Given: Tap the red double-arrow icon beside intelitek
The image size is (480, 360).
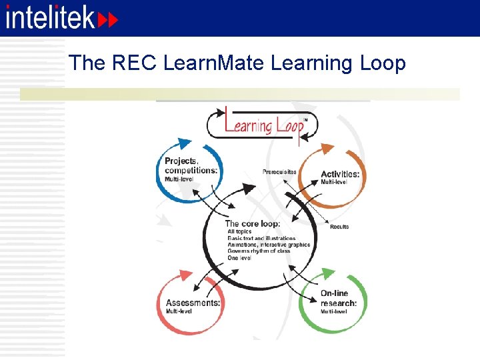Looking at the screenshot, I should pyautogui.click(x=108, y=20).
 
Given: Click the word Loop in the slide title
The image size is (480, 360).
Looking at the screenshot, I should pyautogui.click(x=382, y=63).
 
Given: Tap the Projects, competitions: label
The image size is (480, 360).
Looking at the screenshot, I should pyautogui.click(x=191, y=165).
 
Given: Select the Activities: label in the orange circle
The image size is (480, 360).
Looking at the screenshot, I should pyautogui.click(x=339, y=174).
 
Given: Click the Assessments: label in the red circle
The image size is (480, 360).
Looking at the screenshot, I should pyautogui.click(x=193, y=303).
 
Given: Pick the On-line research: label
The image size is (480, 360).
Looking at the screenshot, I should pyautogui.click(x=338, y=298).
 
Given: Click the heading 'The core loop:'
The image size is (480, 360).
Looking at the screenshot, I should pyautogui.click(x=253, y=224).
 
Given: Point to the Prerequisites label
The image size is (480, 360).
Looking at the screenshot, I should pyautogui.click(x=279, y=172).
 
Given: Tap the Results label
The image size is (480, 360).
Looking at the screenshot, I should pyautogui.click(x=339, y=227).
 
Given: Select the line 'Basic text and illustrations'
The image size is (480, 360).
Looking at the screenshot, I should pyautogui.click(x=261, y=238).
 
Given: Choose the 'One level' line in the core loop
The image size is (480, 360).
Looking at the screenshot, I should pyautogui.click(x=239, y=257).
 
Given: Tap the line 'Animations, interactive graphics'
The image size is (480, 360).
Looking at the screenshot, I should pyautogui.click(x=269, y=245).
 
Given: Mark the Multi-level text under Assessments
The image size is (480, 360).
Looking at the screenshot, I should pyautogui.click(x=179, y=311).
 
